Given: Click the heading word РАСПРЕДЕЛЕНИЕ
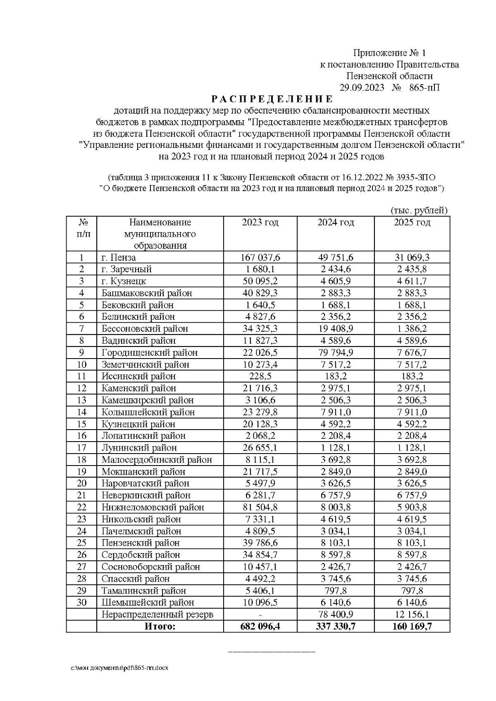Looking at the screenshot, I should pyautogui.click(x=272, y=99).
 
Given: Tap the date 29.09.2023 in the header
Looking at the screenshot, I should pyautogui.click(x=362, y=88).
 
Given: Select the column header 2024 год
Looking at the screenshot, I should pyautogui.click(x=336, y=223).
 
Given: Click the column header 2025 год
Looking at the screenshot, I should pyautogui.click(x=412, y=223).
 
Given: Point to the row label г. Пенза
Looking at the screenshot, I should pyautogui.click(x=119, y=257).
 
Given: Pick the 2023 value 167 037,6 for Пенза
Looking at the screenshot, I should pyautogui.click(x=260, y=257).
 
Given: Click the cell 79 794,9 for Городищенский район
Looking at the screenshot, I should pyautogui.click(x=336, y=352).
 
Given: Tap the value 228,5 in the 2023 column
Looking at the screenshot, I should pyautogui.click(x=260, y=376).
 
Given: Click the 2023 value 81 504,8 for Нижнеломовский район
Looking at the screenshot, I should pyautogui.click(x=260, y=507).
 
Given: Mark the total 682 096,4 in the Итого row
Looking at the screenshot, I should pyautogui.click(x=260, y=626).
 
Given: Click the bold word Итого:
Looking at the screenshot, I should pyautogui.click(x=160, y=626).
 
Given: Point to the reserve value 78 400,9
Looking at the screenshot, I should pyautogui.click(x=336, y=614).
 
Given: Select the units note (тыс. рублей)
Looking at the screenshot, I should pyautogui.click(x=419, y=210).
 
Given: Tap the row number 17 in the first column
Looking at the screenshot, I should pyautogui.click(x=81, y=447).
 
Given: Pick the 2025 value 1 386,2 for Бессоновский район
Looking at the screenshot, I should pyautogui.click(x=412, y=329).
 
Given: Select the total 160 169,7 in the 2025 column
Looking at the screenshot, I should pyautogui.click(x=412, y=626).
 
